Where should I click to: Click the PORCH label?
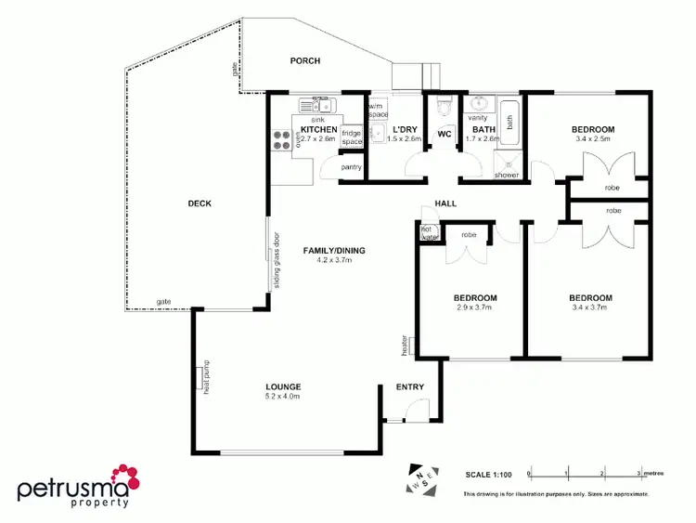pos(304,61)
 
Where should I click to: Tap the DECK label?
pos(200,203)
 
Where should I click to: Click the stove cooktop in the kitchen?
pos(280,140)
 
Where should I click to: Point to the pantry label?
pos(350,167)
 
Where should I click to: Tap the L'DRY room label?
pos(406,129)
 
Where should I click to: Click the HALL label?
pos(446,203)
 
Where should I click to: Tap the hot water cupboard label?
pos(429,233)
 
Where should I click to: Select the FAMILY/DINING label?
pos(334,251)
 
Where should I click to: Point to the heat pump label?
pos(201,377)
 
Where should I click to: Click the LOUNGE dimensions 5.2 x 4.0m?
pos(281,397)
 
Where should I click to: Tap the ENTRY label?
pos(409,387)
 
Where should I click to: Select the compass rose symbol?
pos(419,479)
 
